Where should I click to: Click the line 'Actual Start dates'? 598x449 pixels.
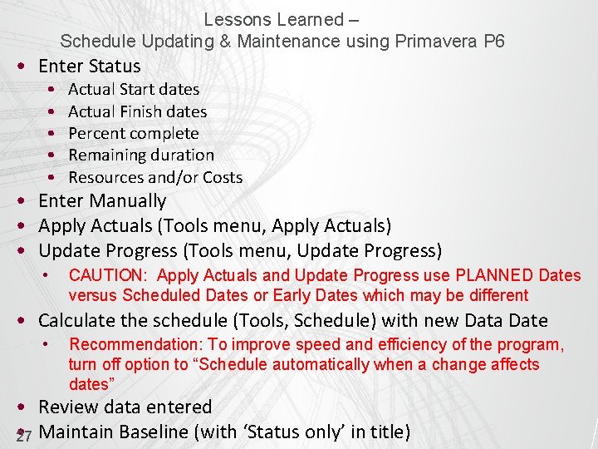(x=134, y=89)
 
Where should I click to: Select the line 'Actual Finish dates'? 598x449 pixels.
(x=137, y=111)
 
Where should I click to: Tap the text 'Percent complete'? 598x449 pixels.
(x=133, y=133)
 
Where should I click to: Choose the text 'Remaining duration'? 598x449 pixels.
(x=140, y=155)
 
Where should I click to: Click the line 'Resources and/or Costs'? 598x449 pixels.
(x=155, y=177)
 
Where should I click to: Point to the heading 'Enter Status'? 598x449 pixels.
(x=90, y=66)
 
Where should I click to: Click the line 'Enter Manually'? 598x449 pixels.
(x=102, y=201)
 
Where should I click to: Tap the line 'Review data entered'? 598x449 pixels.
(x=125, y=407)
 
